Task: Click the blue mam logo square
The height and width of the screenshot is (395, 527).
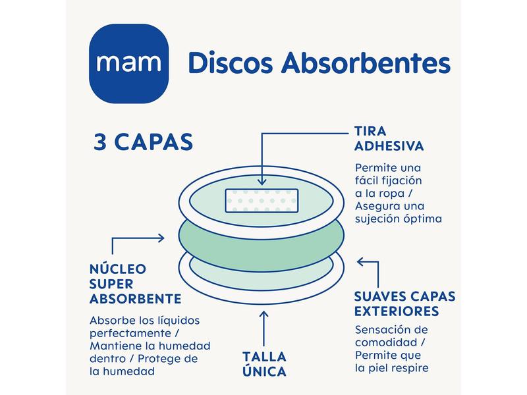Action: coord(129,64)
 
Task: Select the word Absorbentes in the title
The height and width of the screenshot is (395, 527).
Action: coord(366,64)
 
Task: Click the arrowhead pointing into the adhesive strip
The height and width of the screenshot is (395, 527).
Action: coord(262,179)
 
